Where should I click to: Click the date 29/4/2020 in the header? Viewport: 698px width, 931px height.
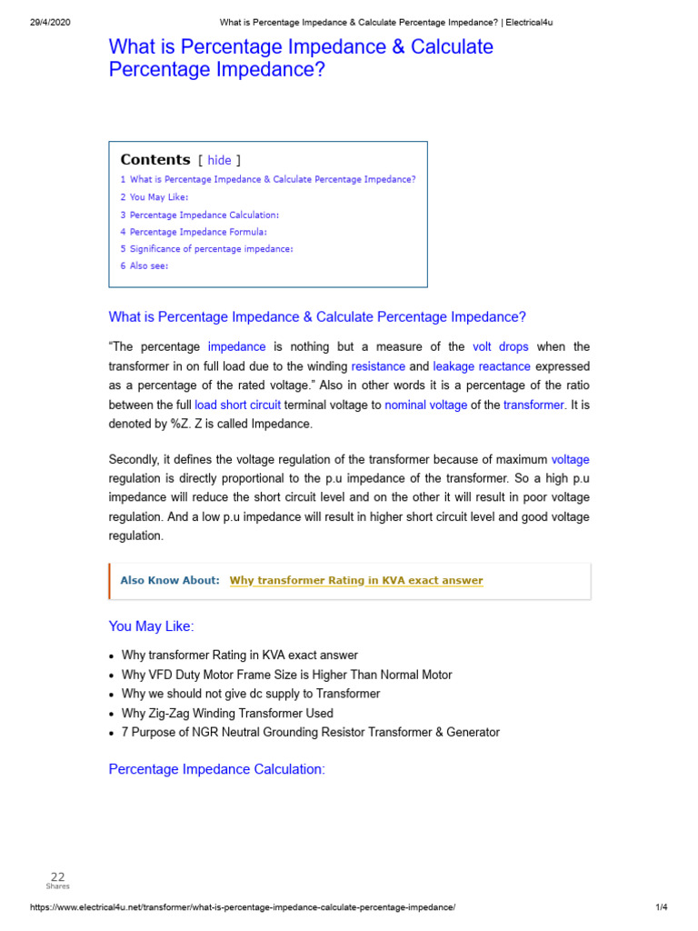[45, 23]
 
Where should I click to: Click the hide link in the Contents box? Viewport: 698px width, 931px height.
[219, 160]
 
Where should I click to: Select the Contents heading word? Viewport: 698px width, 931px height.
[155, 159]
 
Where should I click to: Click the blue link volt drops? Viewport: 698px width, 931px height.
[500, 347]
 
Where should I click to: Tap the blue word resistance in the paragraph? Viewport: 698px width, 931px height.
[378, 366]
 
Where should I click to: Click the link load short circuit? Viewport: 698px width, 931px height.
[237, 405]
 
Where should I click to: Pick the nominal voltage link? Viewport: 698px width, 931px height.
[425, 405]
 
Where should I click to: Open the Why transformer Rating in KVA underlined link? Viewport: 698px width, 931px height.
[356, 581]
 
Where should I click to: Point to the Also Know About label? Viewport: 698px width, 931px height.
[170, 581]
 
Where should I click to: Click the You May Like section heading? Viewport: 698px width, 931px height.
[151, 627]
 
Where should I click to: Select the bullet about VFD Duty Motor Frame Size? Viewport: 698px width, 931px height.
[286, 675]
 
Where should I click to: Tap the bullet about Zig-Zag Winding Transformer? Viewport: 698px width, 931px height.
[227, 714]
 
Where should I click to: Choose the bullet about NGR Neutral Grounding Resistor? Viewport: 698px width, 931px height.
[310, 733]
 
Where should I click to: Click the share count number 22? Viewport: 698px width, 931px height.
[57, 877]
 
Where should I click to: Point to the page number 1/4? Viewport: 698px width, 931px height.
[661, 907]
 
